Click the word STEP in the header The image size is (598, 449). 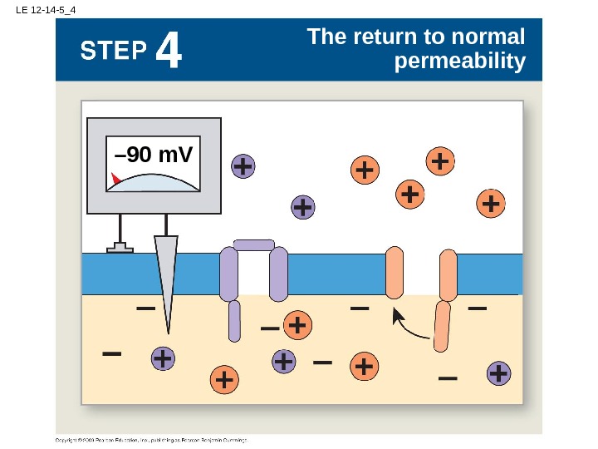point(115,52)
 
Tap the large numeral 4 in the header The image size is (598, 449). point(169,52)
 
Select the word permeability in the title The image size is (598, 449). point(461,62)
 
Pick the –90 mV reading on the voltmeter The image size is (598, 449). point(154,155)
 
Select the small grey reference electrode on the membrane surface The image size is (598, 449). point(120,247)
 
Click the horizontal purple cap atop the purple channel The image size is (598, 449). point(253,244)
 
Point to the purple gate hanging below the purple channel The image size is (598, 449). point(234,321)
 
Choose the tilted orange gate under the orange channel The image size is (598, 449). point(442,327)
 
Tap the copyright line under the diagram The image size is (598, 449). point(152,439)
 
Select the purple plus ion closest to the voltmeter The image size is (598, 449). point(243,167)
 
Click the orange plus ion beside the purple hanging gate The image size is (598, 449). point(297,325)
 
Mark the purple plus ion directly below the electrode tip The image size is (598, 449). point(163,358)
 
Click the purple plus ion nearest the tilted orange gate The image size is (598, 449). point(498,373)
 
